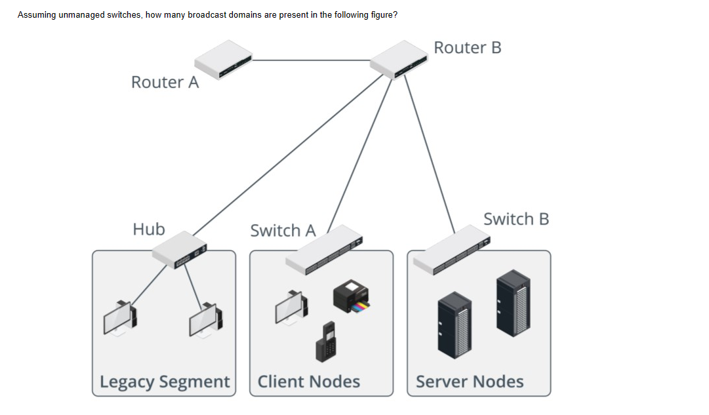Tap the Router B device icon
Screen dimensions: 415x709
click(398, 59)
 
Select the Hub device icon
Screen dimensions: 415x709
click(179, 250)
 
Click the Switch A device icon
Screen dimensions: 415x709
click(324, 250)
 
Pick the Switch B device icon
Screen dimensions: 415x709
click(452, 250)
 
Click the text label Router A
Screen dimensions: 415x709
click(165, 83)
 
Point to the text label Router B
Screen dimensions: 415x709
click(468, 48)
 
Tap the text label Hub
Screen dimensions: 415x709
click(149, 229)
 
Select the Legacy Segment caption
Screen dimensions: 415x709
click(165, 382)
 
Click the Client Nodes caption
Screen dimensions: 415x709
click(308, 382)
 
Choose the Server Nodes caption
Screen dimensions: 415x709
click(470, 382)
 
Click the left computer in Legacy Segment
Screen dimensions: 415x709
click(120, 317)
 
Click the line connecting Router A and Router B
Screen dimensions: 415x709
click(312, 60)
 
